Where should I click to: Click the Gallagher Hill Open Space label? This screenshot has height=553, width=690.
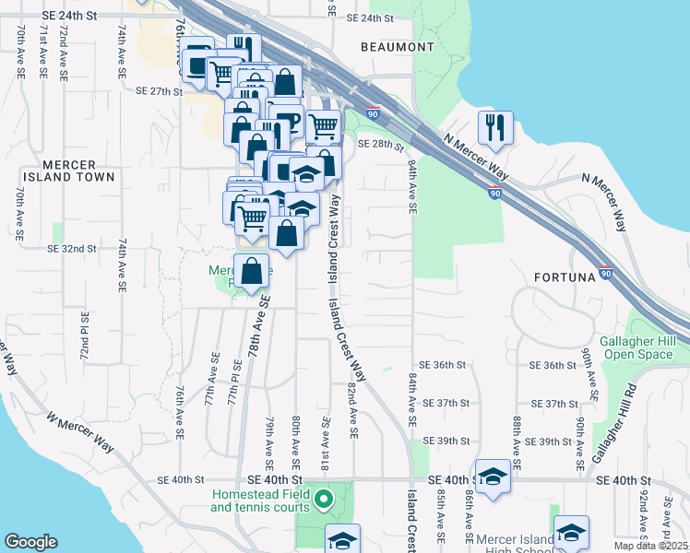644,347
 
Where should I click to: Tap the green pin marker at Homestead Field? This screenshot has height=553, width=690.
323,500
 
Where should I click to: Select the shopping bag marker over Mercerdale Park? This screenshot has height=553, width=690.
252,272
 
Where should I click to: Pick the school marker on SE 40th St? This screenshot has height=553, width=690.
494,477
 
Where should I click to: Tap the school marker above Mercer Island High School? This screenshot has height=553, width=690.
571,532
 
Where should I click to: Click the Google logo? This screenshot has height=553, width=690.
30,542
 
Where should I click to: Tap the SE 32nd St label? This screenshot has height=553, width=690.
72,249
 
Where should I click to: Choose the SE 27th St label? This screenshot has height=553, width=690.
160,91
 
